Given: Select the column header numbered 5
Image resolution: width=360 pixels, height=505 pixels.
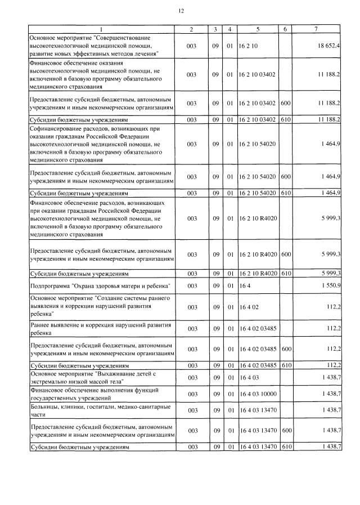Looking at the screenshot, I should click(258, 29).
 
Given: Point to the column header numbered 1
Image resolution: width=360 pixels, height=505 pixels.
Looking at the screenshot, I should click(101, 29).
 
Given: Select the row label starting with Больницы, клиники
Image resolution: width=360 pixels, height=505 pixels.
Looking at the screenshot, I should click(93, 409).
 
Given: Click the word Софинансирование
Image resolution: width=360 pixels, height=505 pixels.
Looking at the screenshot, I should click(52, 128).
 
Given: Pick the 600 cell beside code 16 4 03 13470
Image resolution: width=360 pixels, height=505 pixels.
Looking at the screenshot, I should click(285, 431).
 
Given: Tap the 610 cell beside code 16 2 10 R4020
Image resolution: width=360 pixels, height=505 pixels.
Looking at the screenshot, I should click(285, 274).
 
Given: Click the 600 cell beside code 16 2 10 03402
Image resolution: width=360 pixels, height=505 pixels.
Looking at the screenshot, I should click(285, 104).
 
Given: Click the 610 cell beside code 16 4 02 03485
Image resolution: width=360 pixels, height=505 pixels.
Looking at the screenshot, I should click(285, 365).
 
